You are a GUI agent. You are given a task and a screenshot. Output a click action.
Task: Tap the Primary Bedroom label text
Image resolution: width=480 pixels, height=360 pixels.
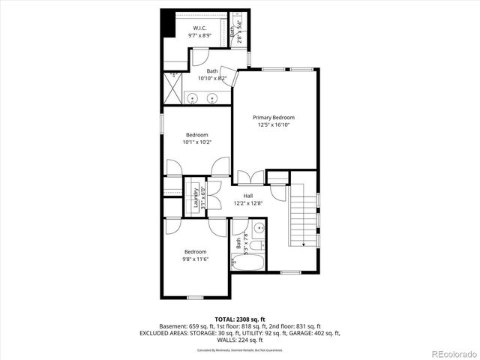click(x=273, y=118)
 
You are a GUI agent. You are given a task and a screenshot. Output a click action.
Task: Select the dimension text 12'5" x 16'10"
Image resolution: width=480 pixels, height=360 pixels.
click(x=273, y=125)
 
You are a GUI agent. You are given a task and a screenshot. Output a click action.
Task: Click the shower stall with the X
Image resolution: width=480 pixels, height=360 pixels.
click(x=172, y=90)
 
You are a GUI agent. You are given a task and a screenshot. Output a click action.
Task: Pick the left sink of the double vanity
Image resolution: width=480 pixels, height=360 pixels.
click(x=193, y=97)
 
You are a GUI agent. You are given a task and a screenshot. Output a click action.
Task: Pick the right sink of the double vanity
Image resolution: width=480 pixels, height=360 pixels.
click(x=212, y=97)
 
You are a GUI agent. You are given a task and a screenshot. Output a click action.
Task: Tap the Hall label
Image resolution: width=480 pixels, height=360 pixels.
click(x=247, y=196)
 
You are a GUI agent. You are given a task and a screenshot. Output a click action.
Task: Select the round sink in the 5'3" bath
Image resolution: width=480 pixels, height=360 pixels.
click(x=259, y=228)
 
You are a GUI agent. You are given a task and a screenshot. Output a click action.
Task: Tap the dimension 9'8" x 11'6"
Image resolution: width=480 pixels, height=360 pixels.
click(x=196, y=259)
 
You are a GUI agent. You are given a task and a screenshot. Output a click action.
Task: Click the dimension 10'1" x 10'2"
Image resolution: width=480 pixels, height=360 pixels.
click(x=196, y=142)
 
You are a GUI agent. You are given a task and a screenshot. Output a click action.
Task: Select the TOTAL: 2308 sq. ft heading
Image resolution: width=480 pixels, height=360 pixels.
click(x=240, y=319)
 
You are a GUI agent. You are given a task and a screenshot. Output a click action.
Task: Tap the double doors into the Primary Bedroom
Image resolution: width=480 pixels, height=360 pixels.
click(x=250, y=178)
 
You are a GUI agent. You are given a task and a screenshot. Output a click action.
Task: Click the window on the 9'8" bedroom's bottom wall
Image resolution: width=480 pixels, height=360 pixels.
click(x=196, y=297)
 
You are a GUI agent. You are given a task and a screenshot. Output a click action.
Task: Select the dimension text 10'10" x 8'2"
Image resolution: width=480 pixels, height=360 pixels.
click(x=212, y=78)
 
